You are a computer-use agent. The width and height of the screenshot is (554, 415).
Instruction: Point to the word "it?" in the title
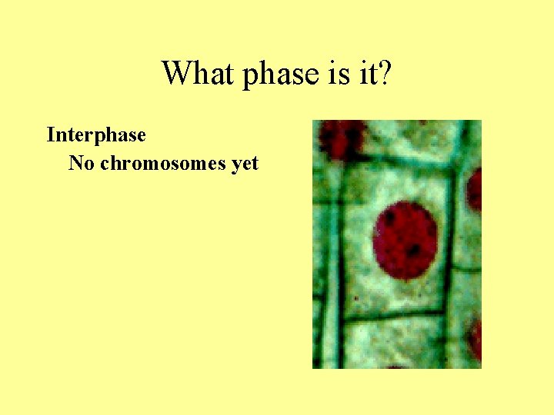(372, 74)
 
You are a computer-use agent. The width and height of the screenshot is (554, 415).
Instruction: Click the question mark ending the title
(385, 74)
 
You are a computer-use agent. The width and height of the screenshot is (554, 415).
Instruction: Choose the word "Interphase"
(96, 135)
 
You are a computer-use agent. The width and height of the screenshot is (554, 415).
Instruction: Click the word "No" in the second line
(81, 164)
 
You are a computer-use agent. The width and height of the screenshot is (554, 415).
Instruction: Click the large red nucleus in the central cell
(405, 240)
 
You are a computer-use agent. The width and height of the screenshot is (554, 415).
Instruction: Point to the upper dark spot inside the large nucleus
(391, 219)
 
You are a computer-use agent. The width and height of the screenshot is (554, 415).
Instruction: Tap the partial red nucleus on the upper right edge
(475, 189)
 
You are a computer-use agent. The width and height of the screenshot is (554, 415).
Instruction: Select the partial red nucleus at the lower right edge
(476, 338)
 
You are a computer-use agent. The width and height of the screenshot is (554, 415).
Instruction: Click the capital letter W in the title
(175, 74)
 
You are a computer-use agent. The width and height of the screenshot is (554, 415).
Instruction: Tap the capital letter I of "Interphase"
(50, 135)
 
